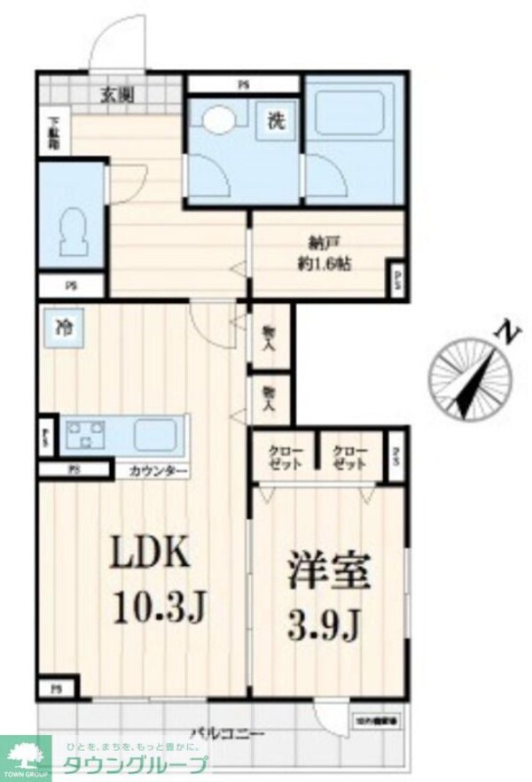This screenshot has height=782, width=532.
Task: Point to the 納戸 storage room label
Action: point(319,244)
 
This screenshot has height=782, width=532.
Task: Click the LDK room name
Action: point(149,555)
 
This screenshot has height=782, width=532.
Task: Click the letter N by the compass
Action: point(505,336)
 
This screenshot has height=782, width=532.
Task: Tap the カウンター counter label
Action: point(158,470)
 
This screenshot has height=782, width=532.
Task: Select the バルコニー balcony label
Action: point(228,733)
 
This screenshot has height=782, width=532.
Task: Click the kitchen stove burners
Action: point(85,434)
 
